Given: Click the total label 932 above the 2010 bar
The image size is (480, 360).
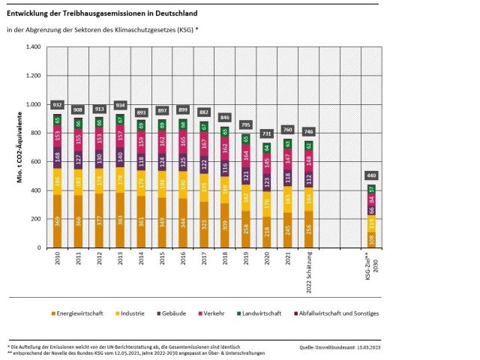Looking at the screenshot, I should click(57, 105).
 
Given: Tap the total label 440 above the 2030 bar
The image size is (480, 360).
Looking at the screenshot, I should click(370, 175).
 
